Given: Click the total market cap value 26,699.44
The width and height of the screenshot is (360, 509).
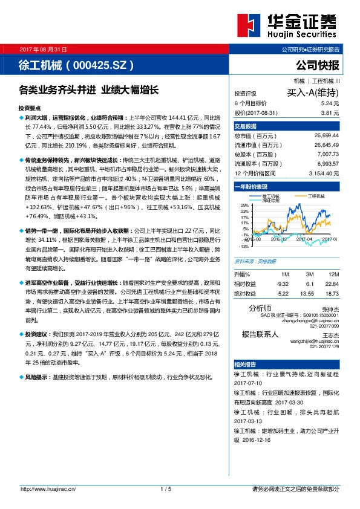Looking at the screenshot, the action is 326,136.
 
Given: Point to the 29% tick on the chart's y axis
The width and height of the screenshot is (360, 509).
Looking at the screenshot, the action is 244,206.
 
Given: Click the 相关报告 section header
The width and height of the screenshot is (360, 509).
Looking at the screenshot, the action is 246,365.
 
